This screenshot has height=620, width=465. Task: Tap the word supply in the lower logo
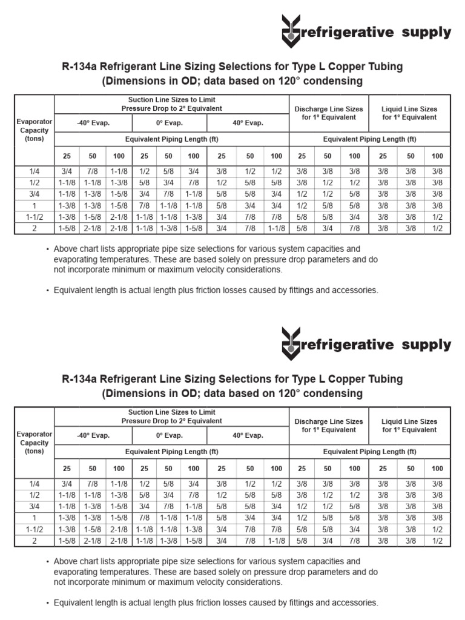[x=426, y=345]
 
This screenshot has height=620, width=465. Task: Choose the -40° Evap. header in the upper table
[x=93, y=123]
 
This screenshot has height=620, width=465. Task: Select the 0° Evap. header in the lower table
[x=170, y=435]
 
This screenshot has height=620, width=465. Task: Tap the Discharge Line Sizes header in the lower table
[x=328, y=425]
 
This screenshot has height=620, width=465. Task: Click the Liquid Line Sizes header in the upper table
[x=409, y=113]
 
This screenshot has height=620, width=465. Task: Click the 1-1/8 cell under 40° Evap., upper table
[x=276, y=228]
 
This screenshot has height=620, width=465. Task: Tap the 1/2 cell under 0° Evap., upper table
[x=144, y=171]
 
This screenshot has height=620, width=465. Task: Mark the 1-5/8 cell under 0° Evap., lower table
[x=193, y=541]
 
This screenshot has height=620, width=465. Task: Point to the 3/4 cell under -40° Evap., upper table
[x=67, y=171]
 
